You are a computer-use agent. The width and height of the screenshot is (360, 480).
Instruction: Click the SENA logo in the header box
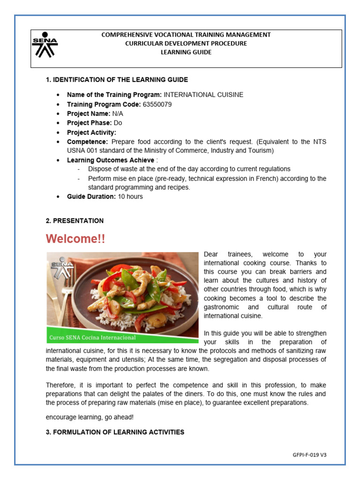(x=45, y=45)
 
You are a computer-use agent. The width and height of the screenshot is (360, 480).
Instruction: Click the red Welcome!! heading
(x=75, y=239)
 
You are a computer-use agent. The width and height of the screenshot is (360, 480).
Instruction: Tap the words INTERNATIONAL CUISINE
(x=203, y=95)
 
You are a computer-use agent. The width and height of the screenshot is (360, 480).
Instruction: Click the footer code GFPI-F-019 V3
(x=309, y=455)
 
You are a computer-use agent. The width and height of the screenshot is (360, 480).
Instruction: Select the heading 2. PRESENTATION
(x=75, y=221)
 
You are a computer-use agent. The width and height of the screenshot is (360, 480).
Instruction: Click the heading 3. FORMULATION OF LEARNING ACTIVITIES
(x=115, y=432)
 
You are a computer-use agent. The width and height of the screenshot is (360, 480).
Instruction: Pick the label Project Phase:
(x=90, y=123)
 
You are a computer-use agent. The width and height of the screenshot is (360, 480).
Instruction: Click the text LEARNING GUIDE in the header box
(x=186, y=52)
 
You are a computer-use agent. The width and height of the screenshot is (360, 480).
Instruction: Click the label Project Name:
(x=89, y=114)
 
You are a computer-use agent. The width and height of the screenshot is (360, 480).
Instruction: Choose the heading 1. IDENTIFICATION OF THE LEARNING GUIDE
(x=117, y=80)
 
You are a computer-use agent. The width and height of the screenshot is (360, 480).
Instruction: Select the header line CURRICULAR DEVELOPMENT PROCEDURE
(x=186, y=43)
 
